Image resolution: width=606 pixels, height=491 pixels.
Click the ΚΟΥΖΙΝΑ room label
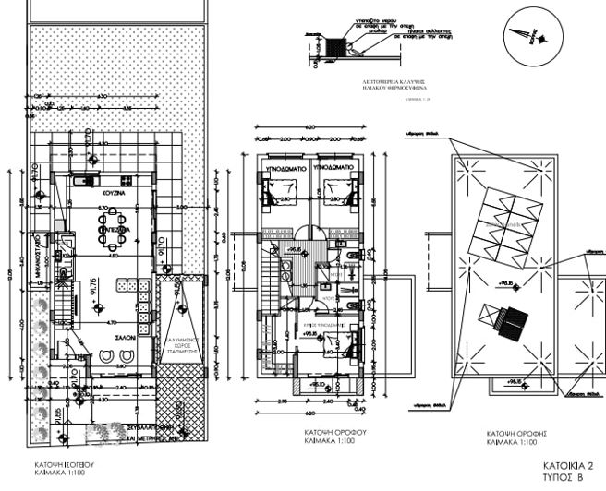click(114, 197)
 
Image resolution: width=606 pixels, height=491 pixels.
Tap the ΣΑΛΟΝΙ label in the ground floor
click(127, 340)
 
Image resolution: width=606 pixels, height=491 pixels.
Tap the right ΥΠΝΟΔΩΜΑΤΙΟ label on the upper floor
click(334, 170)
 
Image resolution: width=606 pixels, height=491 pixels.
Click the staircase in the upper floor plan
click(270, 277)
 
